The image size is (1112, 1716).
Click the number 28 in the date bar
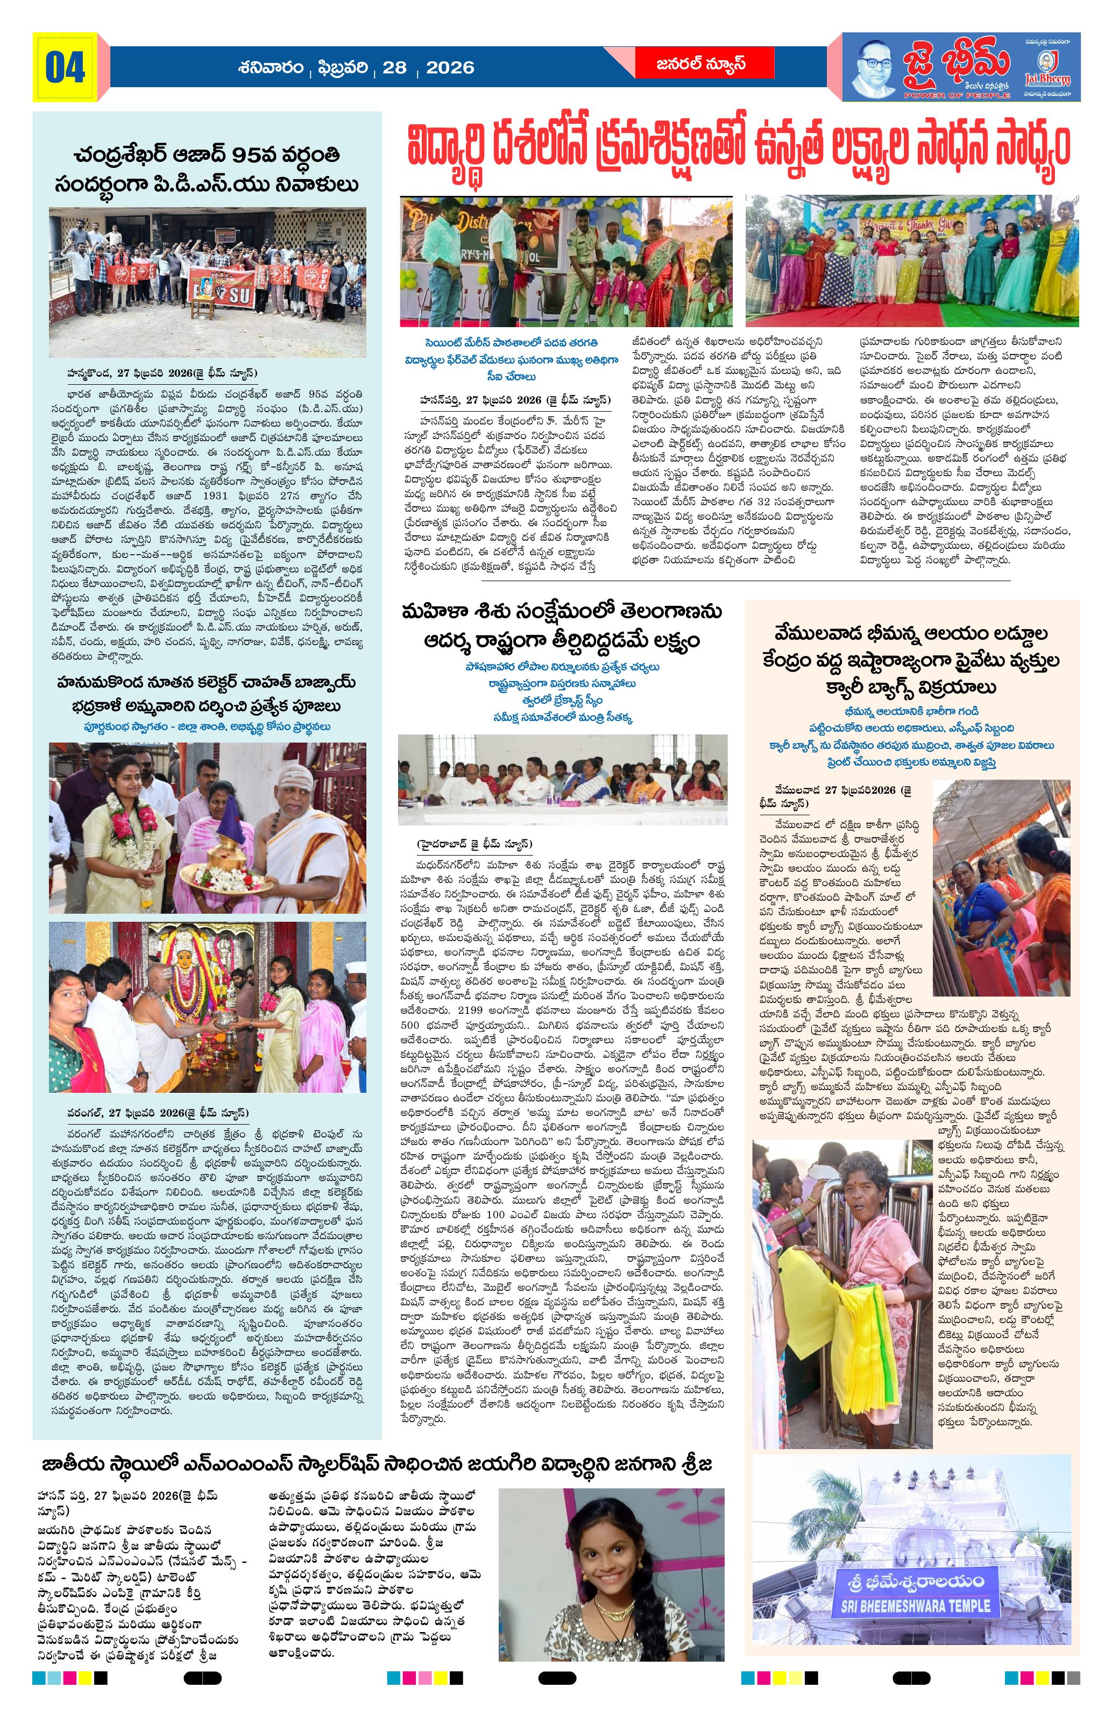pos(394,68)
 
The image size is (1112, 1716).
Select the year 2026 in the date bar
pos(450,68)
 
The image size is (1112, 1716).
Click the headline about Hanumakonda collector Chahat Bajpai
pos(206,693)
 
